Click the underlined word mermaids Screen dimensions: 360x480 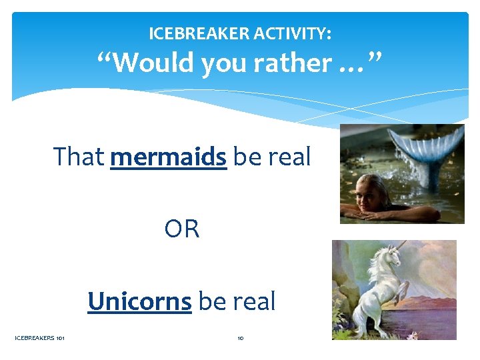pyautogui.click(x=169, y=157)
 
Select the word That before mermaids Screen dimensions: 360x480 pyautogui.click(x=79, y=157)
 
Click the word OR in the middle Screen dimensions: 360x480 pyautogui.click(x=182, y=229)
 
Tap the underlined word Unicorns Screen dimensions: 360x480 pyautogui.click(x=139, y=301)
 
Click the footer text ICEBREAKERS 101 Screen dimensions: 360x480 pyautogui.click(x=39, y=338)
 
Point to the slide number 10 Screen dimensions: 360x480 pyautogui.click(x=240, y=338)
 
